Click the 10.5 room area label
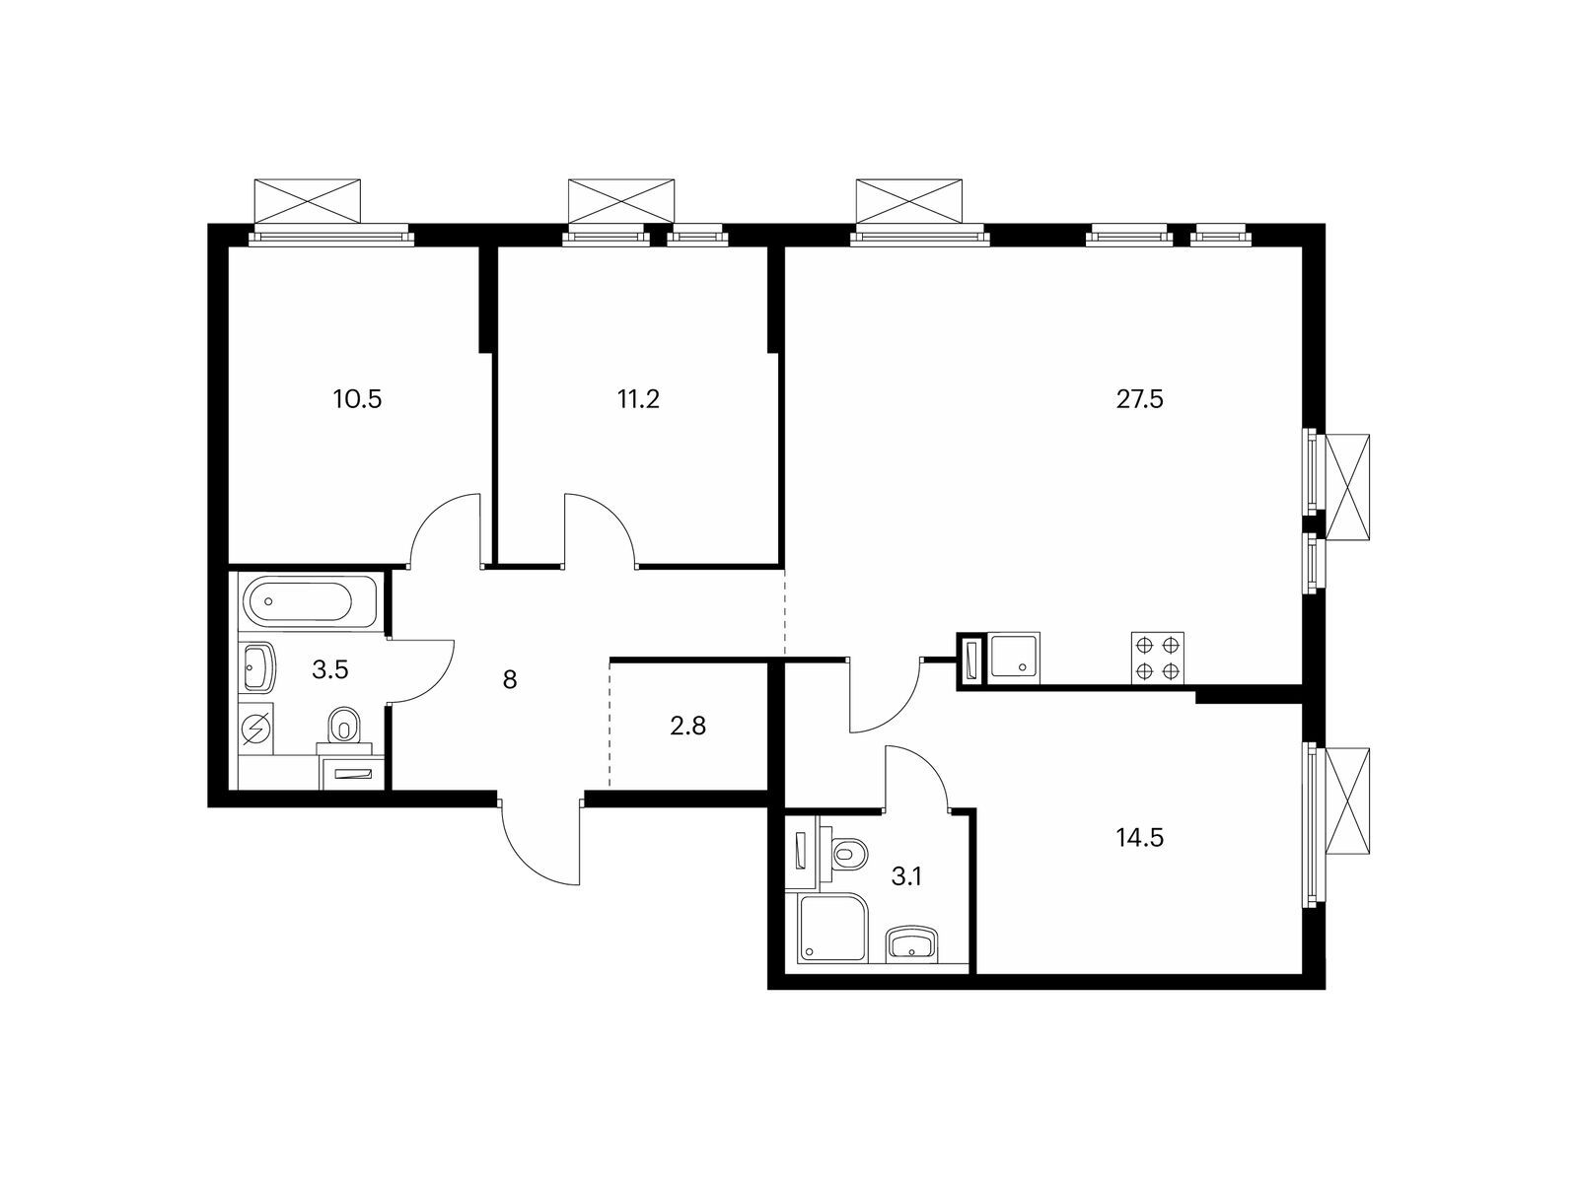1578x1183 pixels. tap(357, 398)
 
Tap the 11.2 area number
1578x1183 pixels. tap(638, 398)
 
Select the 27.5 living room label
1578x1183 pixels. tap(1139, 398)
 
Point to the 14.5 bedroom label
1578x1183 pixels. tap(1139, 837)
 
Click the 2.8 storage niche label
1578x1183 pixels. tap(688, 727)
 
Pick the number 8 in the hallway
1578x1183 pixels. tap(510, 679)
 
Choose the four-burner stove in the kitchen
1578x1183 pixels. tap(1158, 658)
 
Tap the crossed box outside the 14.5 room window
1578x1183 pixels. tap(1347, 800)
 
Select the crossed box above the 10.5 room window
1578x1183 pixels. tap(308, 201)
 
